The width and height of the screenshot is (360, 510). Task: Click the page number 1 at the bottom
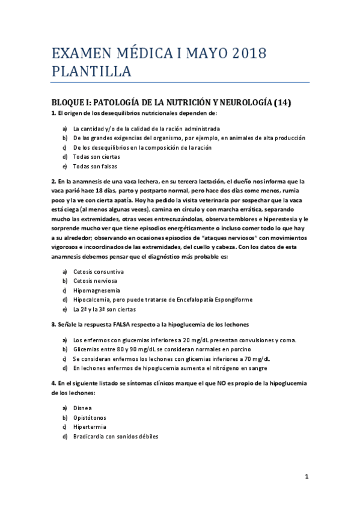(x=307, y=476)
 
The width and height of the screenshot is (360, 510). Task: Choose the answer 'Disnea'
(x=83, y=408)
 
